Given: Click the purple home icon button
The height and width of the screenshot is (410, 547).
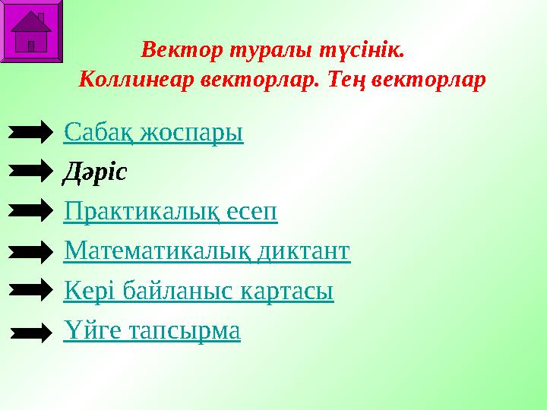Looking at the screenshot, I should point(31,31).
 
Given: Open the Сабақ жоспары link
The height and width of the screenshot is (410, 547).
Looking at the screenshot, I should point(153,133).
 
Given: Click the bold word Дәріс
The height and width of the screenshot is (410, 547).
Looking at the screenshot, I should point(94,172).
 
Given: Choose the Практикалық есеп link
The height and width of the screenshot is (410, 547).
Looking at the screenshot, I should point(171,212).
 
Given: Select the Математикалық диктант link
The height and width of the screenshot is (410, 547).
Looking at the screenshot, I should point(207,251).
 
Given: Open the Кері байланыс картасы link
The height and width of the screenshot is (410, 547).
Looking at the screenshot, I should point(199,290).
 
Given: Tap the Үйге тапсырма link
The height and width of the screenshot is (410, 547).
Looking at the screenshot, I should point(152,330).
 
